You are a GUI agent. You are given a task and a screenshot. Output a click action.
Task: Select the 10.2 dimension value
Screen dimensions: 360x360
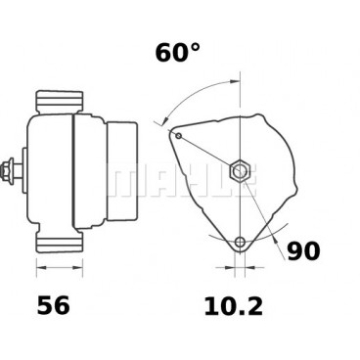[x=235, y=306]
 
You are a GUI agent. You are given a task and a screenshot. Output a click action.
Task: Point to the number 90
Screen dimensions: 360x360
[x=304, y=251]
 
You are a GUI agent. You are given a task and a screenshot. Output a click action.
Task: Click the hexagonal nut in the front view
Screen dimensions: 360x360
[x=239, y=172]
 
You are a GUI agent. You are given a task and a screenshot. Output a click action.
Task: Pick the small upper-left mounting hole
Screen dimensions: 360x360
[x=178, y=133]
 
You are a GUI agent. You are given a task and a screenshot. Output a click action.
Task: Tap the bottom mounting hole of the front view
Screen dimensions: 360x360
[x=240, y=243]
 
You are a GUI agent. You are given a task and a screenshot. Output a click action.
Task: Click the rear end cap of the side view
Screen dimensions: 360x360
[x=121, y=172]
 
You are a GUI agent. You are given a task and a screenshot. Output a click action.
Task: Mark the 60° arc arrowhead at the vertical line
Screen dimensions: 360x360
[x=235, y=85]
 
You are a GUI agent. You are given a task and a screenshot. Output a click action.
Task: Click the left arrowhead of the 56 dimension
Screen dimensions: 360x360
[x=39, y=264]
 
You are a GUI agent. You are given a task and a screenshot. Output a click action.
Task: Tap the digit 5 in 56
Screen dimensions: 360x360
[x=46, y=306]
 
